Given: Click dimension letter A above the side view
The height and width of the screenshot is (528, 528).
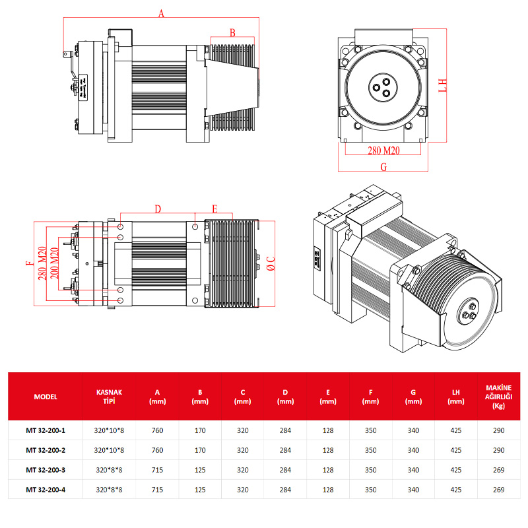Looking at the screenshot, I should point(161,13).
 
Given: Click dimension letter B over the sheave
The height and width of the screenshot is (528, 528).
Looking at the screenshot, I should point(232,32).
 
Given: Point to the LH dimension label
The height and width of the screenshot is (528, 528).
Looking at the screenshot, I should point(444,85).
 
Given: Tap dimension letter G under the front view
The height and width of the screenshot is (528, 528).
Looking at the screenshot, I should point(383,166).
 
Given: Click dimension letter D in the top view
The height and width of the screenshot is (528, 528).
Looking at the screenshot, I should point(158,209).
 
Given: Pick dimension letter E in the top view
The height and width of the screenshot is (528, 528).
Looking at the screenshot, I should point(214,209).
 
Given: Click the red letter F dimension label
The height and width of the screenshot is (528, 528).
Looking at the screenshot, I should point(28,264).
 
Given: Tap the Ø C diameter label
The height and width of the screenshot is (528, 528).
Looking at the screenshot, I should point(270,264).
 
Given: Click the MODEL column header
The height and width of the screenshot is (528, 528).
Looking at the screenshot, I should point(46,397).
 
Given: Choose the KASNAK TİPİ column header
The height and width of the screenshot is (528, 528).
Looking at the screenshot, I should point(109,397).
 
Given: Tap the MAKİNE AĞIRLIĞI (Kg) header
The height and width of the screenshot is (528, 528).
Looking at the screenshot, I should point(498,397).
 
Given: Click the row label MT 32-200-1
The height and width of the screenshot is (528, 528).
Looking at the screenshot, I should point(46,430).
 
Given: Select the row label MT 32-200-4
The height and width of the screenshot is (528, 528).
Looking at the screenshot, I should point(46,489).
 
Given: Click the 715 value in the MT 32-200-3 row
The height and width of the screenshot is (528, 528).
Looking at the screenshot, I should point(157,470).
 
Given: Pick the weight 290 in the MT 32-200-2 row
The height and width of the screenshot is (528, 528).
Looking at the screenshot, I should point(498,450).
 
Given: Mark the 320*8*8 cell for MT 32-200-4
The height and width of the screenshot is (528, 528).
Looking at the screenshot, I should point(109,489).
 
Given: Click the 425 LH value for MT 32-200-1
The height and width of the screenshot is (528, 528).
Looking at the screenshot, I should point(455,430).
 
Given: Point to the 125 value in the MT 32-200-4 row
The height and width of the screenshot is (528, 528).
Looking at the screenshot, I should point(200,489).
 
